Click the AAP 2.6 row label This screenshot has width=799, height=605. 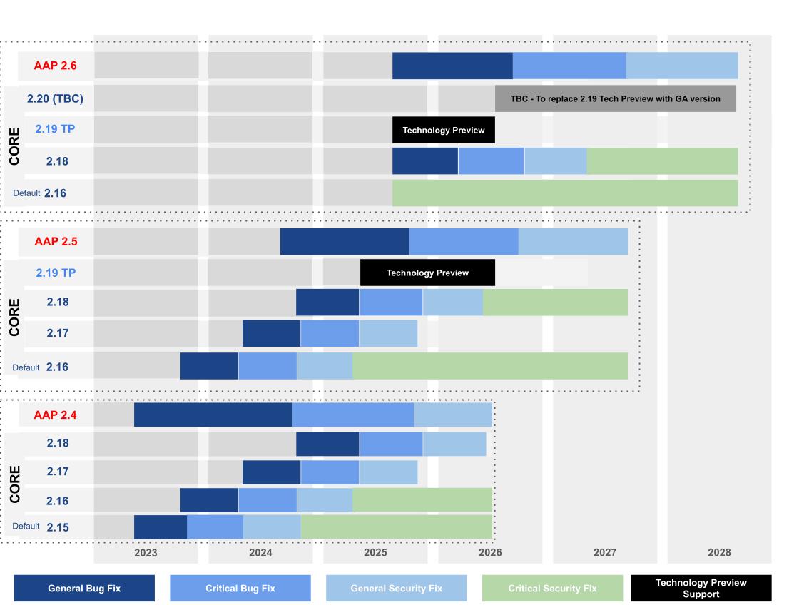coord(55,66)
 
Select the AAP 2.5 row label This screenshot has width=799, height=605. coord(56,242)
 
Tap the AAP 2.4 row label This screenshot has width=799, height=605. coord(55,415)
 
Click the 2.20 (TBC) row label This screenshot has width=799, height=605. coord(55,98)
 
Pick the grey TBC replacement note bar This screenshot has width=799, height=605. coord(615,98)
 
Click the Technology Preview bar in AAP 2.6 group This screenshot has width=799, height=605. coord(443,130)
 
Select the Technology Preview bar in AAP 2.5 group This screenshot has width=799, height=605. coord(427,273)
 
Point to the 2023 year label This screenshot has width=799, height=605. coord(146,552)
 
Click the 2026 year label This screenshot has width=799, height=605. coord(490,552)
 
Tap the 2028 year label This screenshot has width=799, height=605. coord(719,552)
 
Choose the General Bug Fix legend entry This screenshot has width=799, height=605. coord(84,589)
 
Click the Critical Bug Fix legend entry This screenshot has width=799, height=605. coord(240,589)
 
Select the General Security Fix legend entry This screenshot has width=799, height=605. coord(396,589)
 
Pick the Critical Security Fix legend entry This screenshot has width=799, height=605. coord(552,589)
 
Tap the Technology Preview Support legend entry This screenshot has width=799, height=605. coord(701,589)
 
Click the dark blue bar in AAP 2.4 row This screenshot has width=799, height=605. coord(213,415)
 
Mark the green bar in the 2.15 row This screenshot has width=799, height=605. coord(396,527)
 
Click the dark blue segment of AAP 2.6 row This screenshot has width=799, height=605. coord(452,66)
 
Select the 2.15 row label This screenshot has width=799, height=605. coord(58,527)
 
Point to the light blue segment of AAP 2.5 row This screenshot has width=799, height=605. coord(573,242)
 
